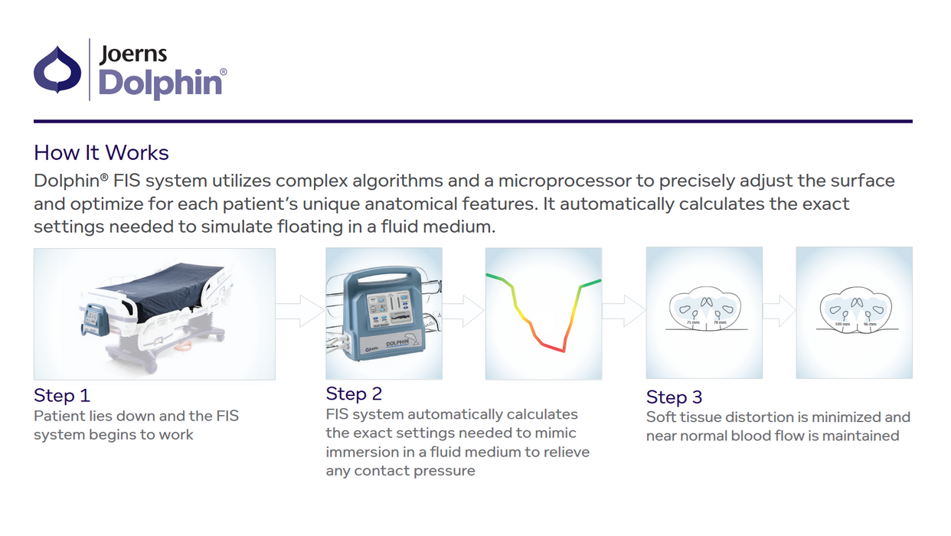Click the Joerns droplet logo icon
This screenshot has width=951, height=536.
(57, 70)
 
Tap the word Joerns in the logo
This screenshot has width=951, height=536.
(132, 54)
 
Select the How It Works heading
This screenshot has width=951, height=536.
(101, 152)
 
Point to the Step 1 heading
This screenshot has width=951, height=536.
(62, 395)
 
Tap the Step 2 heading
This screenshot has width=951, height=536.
(354, 394)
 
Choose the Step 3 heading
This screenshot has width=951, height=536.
(674, 397)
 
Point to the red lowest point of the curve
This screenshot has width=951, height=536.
(563, 351)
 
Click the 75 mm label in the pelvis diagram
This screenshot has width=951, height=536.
(692, 323)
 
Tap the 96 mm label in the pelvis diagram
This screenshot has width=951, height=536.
(870, 325)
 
